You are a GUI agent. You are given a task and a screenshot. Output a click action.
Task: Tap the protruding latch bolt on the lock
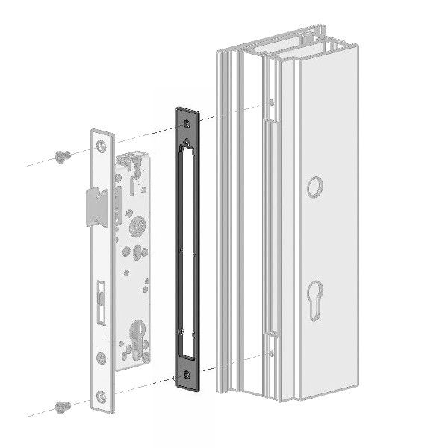pos(93,204)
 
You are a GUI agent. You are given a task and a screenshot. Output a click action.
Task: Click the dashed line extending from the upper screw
pos(37,162)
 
